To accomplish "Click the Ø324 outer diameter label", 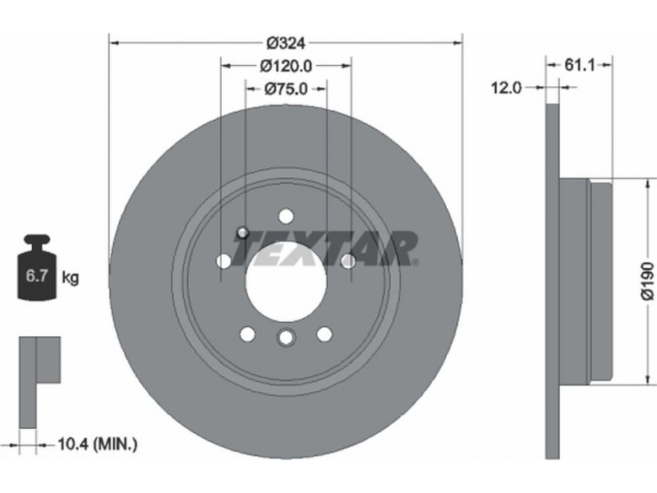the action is click(x=287, y=43).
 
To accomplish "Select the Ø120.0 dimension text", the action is click(x=286, y=66).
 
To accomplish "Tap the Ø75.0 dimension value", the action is click(x=286, y=89).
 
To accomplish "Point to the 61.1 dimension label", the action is click(x=580, y=65).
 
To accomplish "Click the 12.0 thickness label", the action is click(x=506, y=88).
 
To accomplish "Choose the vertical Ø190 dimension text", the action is click(x=648, y=281).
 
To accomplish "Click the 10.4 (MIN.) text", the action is click(x=97, y=444).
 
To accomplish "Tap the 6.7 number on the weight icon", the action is click(x=37, y=276).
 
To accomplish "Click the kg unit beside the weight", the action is click(x=70, y=278).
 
